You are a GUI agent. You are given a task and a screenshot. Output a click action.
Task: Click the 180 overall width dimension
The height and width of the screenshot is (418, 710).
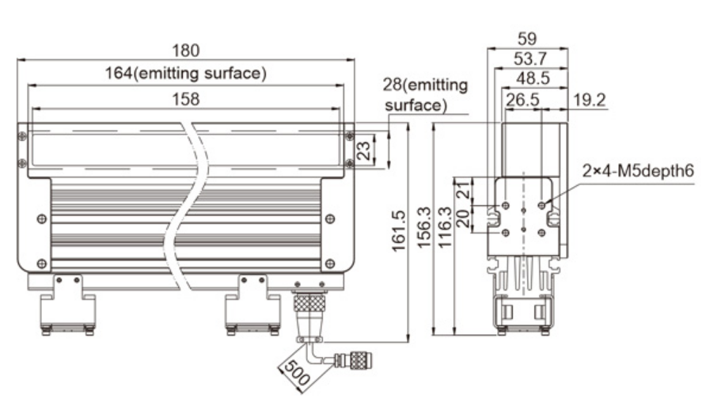point(186,51)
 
